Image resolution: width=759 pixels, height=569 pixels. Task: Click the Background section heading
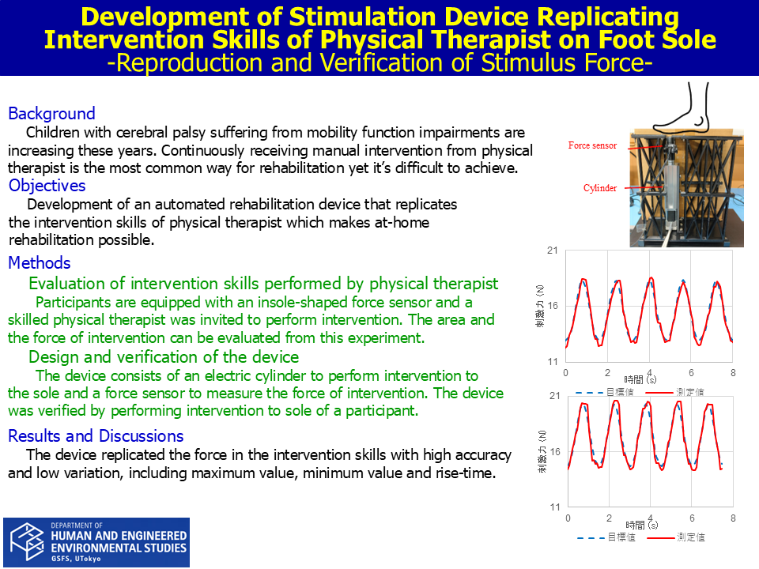52,113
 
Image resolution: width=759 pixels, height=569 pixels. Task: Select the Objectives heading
47,185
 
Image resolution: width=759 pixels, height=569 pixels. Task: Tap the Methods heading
40,262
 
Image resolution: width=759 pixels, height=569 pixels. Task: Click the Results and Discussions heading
96,436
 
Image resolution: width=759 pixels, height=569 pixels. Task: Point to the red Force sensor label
592,145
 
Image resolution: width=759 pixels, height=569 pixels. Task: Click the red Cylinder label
600,188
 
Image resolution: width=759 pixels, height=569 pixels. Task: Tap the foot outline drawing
682,107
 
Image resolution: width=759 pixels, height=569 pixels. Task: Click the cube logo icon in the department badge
28,541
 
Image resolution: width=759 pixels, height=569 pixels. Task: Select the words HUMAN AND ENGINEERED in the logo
119,536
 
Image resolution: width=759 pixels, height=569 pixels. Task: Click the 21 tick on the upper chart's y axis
553,251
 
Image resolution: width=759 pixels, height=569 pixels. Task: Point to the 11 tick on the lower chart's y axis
555,507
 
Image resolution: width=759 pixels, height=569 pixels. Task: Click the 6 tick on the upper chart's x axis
691,372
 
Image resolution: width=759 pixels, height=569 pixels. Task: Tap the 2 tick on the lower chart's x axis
609,518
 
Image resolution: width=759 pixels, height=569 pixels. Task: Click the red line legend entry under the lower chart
676,537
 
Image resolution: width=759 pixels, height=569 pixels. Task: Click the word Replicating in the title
607,17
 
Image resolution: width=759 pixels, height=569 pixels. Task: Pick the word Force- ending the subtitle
618,63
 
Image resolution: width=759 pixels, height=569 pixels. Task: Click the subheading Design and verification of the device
164,357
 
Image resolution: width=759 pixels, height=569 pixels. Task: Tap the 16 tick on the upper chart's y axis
553,306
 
